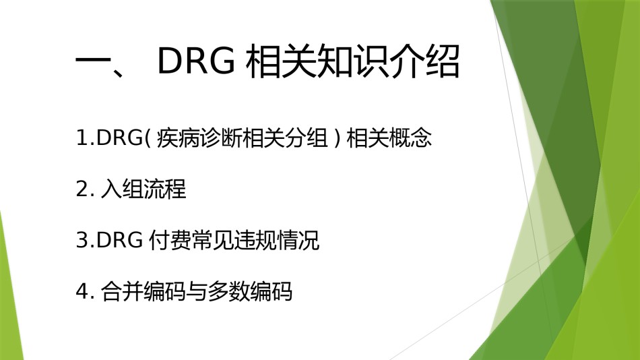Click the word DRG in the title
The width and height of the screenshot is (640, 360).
click(x=196, y=61)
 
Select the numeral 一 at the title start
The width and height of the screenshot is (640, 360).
click(x=93, y=63)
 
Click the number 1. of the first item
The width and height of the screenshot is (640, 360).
click(x=86, y=138)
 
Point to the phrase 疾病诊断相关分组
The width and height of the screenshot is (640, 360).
click(x=243, y=138)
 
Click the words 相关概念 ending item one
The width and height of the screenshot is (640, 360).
click(x=389, y=138)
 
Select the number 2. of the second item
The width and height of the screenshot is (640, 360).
click(x=86, y=189)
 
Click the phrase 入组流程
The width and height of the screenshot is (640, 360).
click(x=143, y=189)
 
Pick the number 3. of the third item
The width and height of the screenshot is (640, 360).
click(x=86, y=240)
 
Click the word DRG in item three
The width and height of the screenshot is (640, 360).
click(x=120, y=240)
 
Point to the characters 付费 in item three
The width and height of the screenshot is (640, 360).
click(x=169, y=240)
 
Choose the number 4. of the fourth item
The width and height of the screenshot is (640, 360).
click(x=86, y=292)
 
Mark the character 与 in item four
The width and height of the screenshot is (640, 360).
click(x=197, y=292)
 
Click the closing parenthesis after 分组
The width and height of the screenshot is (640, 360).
click(x=337, y=138)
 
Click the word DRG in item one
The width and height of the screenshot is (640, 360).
click(x=120, y=138)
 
